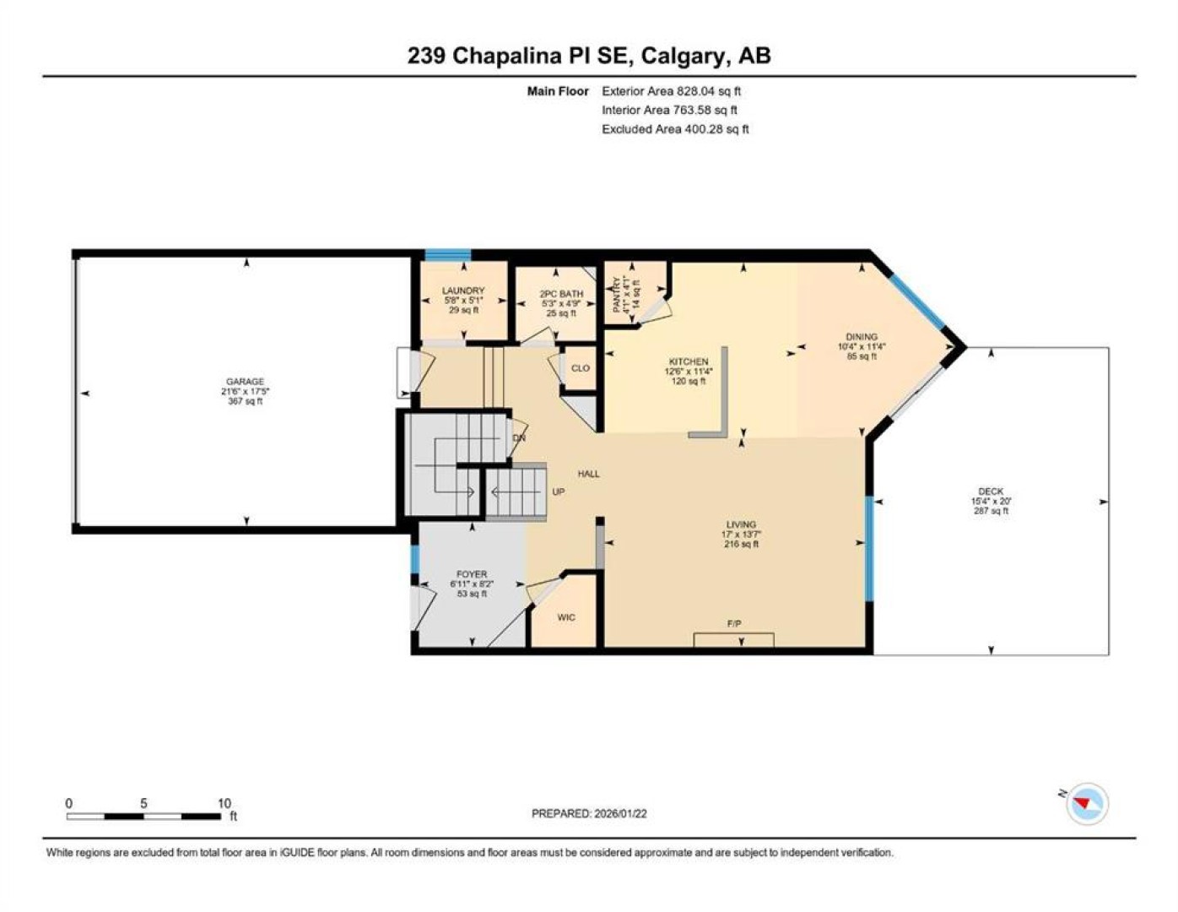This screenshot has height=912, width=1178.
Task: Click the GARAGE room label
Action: point(245,382)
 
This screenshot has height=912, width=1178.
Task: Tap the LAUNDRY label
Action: point(463,290)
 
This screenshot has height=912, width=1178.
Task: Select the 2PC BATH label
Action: point(561,294)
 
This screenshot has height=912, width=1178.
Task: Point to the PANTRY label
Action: point(616,295)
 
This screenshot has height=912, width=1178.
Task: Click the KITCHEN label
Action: point(689,361)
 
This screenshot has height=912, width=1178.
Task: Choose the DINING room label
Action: point(862,336)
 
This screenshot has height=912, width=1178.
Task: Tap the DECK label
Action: point(991,491)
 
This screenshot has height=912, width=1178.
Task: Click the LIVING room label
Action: point(741,524)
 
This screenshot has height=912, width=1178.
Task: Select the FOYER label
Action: point(472,573)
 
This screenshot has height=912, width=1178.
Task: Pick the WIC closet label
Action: point(566,617)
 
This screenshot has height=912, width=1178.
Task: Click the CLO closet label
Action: point(580,368)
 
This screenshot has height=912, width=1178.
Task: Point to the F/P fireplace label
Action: point(734,624)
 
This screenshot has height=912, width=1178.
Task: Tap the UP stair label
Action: point(559,491)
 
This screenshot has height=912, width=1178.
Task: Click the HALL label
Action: point(589,474)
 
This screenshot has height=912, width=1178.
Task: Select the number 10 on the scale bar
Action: point(224,804)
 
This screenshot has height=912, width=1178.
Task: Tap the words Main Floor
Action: point(557,91)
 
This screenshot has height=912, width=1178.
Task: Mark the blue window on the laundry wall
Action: point(448,254)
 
